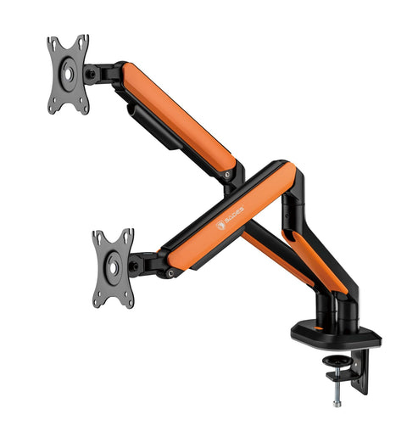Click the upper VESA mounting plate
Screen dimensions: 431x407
click(68, 75)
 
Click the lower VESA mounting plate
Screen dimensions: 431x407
click(113, 268)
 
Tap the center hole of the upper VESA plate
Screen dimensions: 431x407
click(69, 74)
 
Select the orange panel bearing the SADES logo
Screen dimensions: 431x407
click(229, 215)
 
